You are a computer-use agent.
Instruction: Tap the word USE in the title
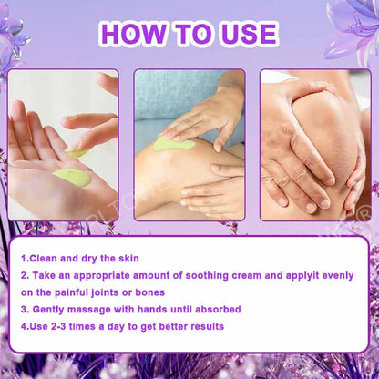coord(249,34)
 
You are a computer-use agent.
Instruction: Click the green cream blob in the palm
coord(72,177)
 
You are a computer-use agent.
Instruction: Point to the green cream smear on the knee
coord(173,144)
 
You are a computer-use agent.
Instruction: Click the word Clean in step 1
coord(44,259)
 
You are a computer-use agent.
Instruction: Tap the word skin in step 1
coord(128,259)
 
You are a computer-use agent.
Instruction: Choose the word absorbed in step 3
coord(218,310)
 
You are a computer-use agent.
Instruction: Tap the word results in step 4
coord(208,326)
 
